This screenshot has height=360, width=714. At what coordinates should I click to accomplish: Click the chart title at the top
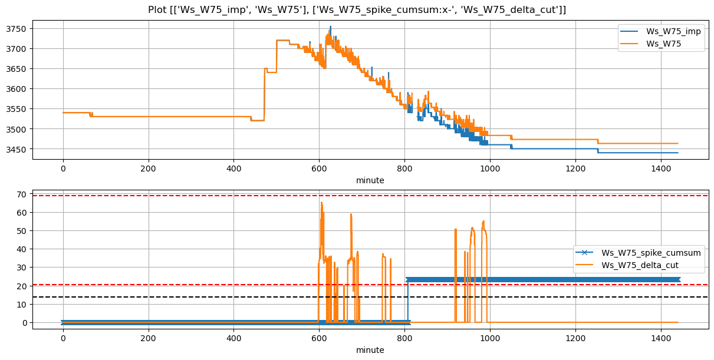pos(357,9)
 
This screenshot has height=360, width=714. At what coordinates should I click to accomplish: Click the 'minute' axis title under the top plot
pos(370,180)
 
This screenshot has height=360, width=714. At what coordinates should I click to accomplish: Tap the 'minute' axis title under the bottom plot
pos(370,350)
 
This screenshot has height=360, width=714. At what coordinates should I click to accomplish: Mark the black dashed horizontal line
pos(177,297)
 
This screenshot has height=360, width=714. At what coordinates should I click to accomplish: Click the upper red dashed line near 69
pos(177,196)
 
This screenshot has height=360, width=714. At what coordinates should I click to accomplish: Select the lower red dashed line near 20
pos(177,285)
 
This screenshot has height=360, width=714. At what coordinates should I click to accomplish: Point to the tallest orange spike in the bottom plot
pos(321,203)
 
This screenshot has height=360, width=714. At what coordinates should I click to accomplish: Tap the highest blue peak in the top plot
pos(330,27)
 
